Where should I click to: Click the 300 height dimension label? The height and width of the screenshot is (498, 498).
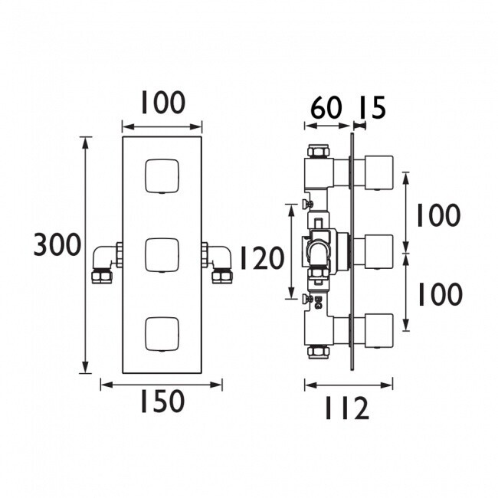[57, 244]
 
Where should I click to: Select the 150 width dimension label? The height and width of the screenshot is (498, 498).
[162, 401]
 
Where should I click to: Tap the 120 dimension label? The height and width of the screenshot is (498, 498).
[262, 258]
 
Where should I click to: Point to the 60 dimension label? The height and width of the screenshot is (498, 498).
[326, 107]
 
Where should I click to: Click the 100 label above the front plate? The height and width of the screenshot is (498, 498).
[163, 102]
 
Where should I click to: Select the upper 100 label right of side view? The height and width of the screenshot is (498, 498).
[438, 215]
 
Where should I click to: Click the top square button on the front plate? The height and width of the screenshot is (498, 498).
[162, 176]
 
